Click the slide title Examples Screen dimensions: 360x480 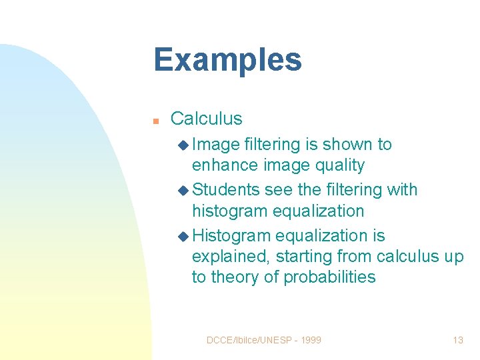(227, 59)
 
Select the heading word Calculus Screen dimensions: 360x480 (206, 119)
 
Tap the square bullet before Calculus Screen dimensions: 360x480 (155, 121)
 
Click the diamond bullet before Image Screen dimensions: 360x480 (184, 145)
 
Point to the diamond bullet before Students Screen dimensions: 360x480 (184, 190)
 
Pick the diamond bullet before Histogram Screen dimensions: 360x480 (184, 236)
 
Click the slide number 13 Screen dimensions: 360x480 (457, 340)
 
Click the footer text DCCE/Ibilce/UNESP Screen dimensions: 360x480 (247, 340)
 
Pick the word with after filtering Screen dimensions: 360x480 (402, 190)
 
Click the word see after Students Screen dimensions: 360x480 (279, 190)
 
